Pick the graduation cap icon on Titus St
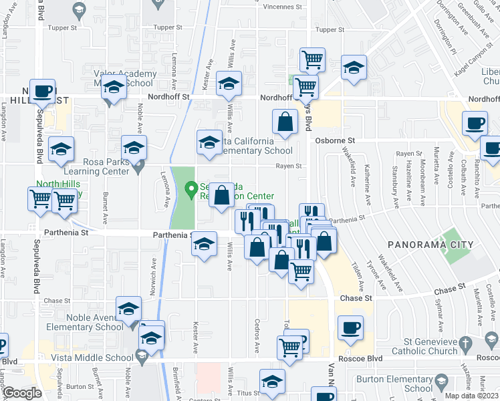[271, 383]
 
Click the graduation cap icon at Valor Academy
[114, 88]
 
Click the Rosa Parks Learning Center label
[97, 166]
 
